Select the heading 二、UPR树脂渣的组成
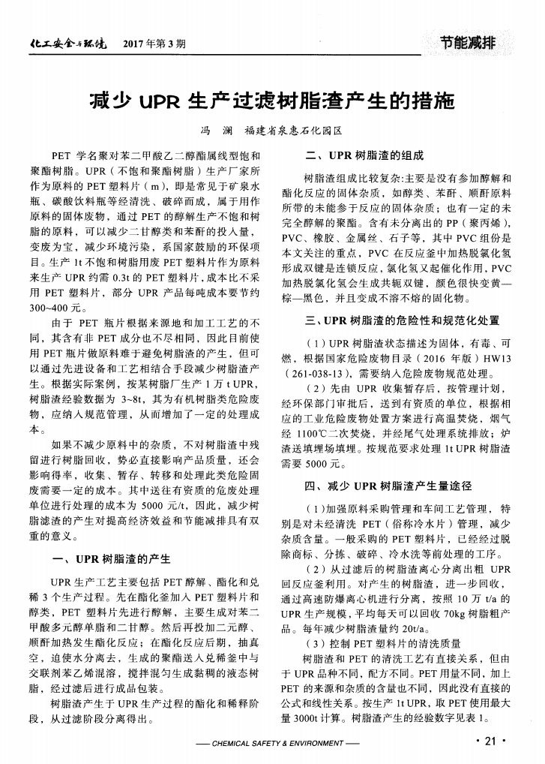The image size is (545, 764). coord(365,157)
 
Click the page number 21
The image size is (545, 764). coord(490,742)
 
